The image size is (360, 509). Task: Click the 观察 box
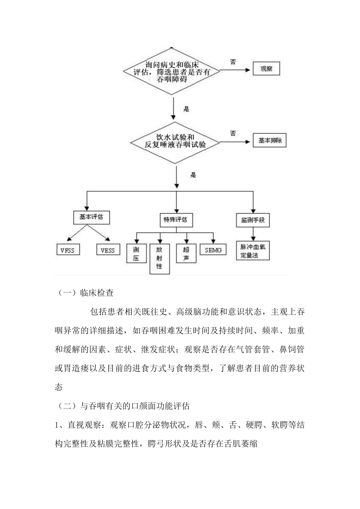(x=266, y=69)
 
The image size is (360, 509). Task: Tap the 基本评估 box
(x=91, y=217)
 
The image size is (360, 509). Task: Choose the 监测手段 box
(x=253, y=220)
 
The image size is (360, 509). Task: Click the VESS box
(x=108, y=250)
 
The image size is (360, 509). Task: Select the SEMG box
(x=213, y=250)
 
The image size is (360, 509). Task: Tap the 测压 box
(x=136, y=254)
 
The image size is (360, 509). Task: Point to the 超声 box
(x=186, y=254)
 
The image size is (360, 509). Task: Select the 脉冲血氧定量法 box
(x=253, y=251)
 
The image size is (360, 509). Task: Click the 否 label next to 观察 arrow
(x=233, y=62)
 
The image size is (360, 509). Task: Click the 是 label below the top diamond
(x=186, y=109)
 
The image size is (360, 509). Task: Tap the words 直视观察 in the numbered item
(x=85, y=425)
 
